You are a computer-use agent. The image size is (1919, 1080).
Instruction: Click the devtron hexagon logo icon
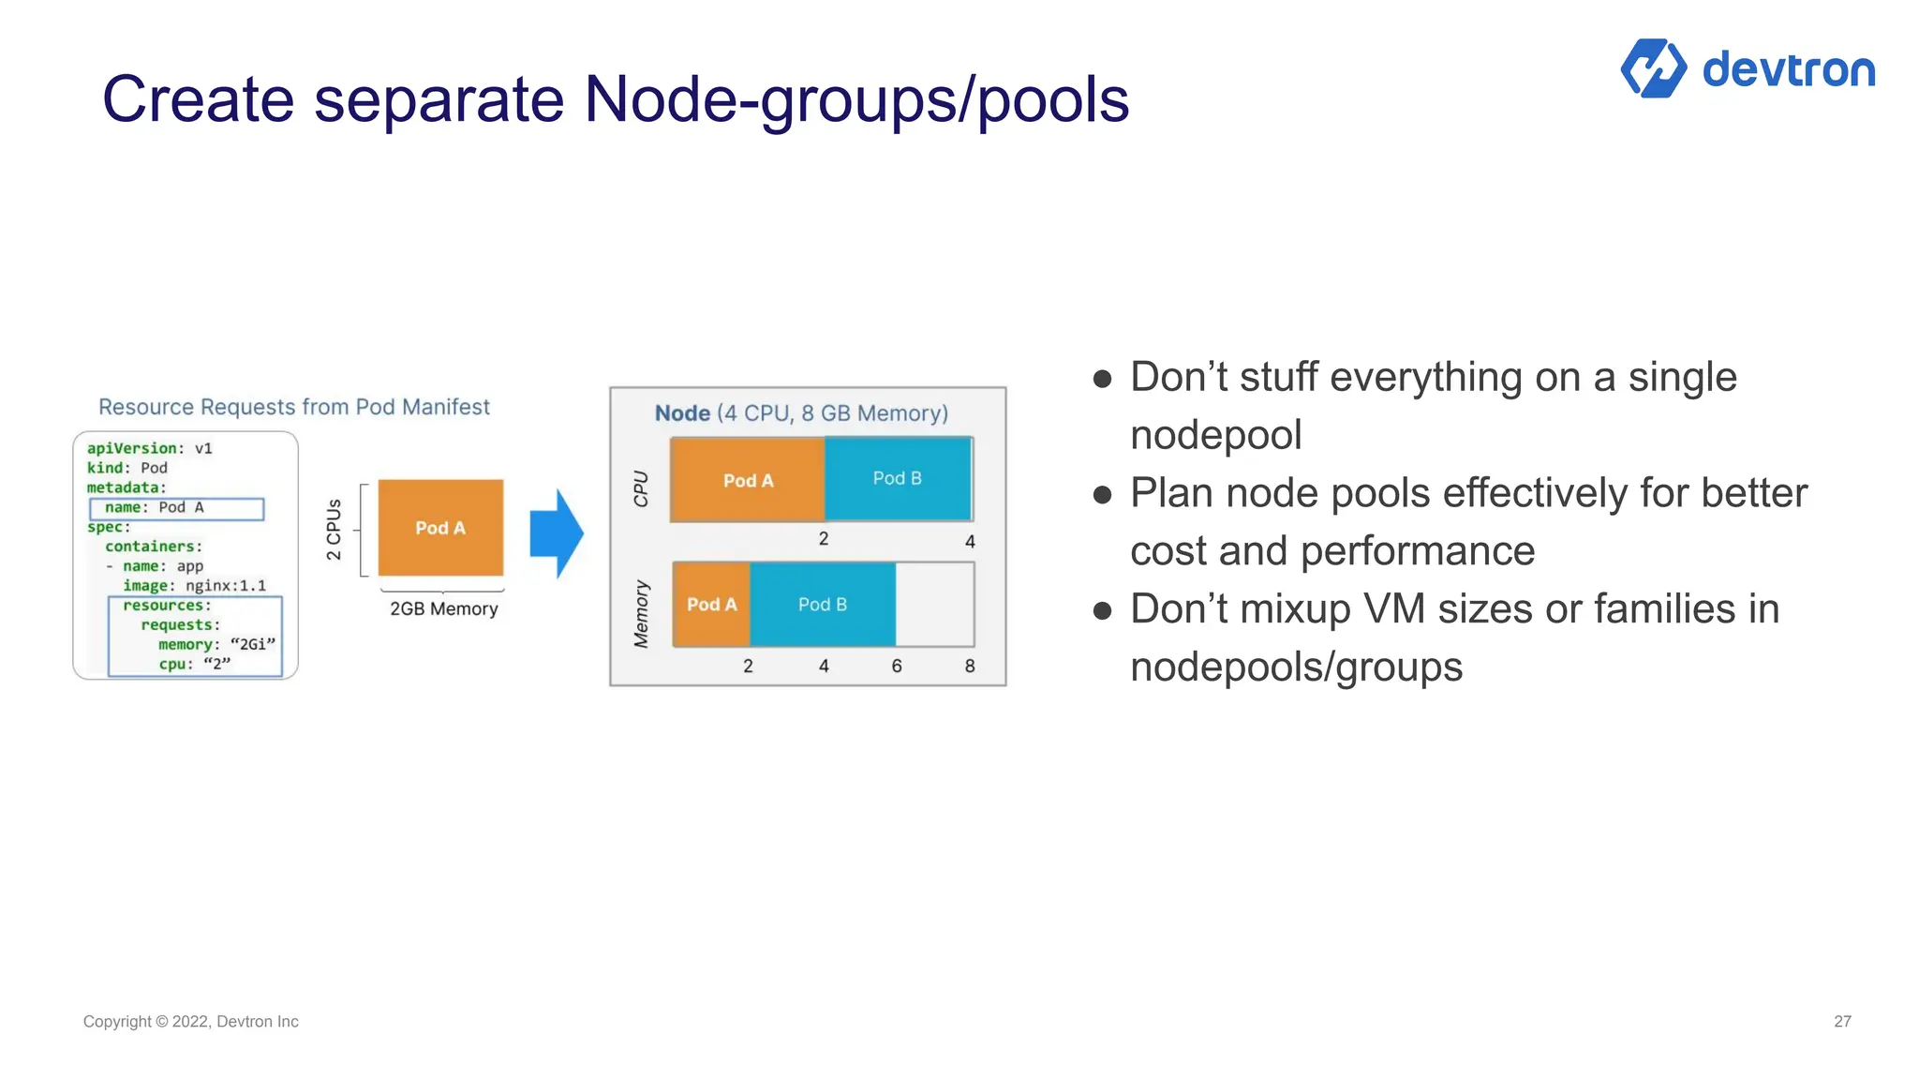tap(1653, 68)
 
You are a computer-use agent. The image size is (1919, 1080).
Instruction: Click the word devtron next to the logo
tap(1788, 70)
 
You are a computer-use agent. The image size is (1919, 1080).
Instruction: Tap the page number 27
tap(1842, 1021)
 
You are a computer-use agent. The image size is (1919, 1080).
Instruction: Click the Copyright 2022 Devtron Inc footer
tap(190, 1021)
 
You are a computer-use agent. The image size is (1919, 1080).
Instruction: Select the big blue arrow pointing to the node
tap(557, 532)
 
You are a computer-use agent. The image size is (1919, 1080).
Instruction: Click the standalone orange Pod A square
tap(440, 528)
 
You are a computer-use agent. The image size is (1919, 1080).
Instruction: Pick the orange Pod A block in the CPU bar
tap(748, 480)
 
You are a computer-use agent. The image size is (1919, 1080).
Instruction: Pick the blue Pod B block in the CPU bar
tap(897, 478)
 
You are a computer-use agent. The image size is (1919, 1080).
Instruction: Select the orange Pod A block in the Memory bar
tap(711, 605)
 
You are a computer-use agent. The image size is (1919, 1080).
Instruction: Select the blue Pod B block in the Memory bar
tap(822, 605)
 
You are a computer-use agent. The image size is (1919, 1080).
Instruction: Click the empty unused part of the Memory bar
tap(934, 605)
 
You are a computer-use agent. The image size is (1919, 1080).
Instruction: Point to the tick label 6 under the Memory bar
tap(897, 666)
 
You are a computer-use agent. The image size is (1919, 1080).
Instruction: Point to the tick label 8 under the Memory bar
tap(970, 666)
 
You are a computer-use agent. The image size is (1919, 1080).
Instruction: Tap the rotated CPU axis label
tap(641, 488)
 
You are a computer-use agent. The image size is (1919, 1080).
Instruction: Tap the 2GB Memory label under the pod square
tap(443, 608)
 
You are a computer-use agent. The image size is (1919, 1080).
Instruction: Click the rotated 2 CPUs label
tap(334, 530)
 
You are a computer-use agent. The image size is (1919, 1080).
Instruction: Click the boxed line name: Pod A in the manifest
tap(176, 508)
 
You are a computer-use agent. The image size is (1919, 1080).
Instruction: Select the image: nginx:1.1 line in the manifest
tap(194, 585)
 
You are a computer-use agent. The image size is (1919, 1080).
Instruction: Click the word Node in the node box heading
tap(682, 413)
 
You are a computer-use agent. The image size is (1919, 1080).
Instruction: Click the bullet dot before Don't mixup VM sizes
tap(1102, 610)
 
